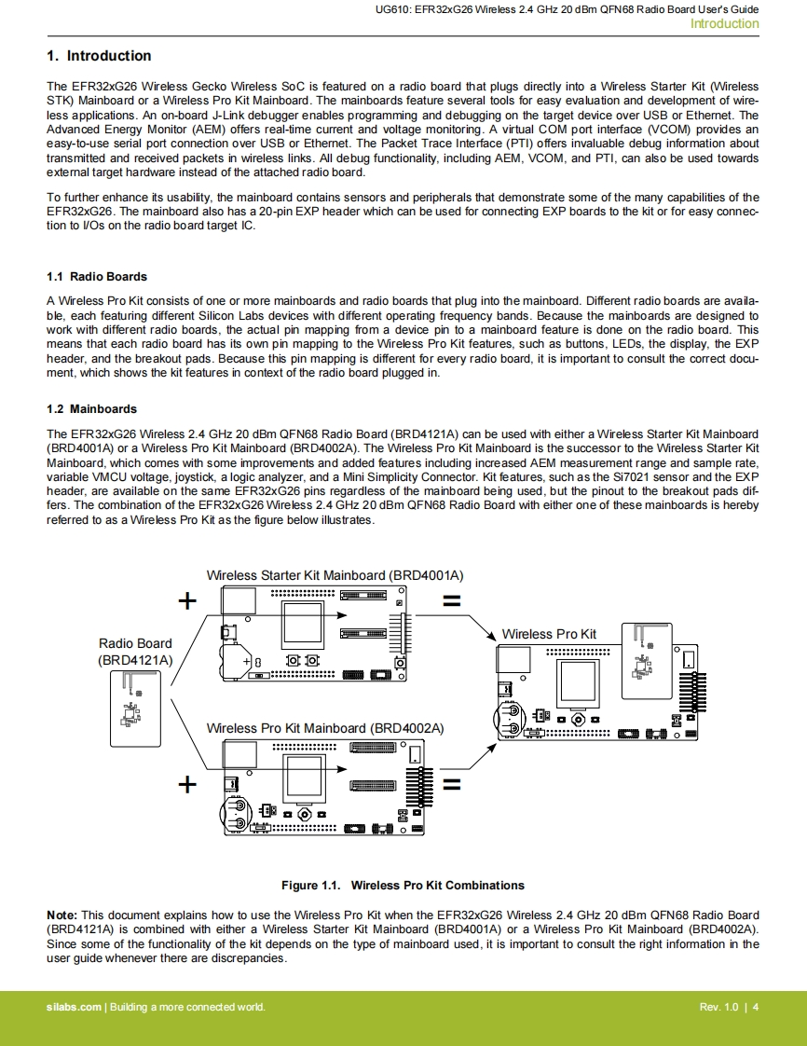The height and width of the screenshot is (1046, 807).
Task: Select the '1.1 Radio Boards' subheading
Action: (97, 277)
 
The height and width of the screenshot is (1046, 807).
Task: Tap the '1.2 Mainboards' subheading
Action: (91, 409)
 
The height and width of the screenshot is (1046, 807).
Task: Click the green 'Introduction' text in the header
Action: (724, 24)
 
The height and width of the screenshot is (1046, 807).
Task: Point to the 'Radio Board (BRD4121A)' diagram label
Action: (135, 652)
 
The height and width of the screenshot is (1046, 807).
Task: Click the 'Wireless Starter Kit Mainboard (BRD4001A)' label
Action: (335, 575)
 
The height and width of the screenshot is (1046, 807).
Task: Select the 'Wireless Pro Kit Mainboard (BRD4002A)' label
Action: (325, 728)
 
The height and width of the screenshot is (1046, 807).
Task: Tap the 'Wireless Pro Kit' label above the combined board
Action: (549, 634)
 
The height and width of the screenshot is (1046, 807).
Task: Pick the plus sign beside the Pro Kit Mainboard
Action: (187, 783)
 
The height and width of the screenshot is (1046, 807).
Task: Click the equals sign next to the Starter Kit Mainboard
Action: (451, 601)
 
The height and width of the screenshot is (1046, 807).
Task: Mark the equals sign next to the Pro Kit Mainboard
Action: (451, 783)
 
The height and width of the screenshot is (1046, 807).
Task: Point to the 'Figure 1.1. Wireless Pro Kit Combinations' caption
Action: (403, 886)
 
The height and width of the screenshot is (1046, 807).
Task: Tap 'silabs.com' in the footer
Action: (75, 1007)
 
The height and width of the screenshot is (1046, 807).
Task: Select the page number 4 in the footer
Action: (756, 1007)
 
